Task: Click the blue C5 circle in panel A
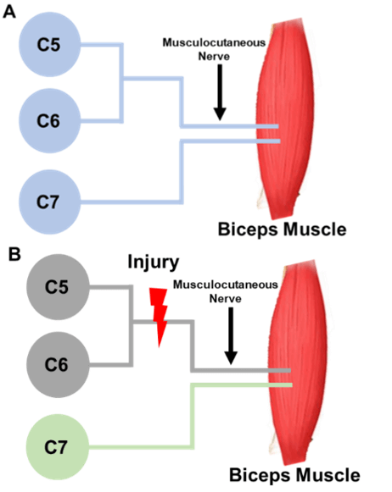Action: pyautogui.click(x=49, y=44)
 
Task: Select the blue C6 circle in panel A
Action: pyautogui.click(x=49, y=121)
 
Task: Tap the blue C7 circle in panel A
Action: pyautogui.click(x=49, y=202)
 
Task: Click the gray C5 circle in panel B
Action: pyautogui.click(x=58, y=287)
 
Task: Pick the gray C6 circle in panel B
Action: pyautogui.click(x=58, y=365)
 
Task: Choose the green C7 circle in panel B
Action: pyautogui.click(x=57, y=447)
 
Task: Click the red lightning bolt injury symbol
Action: pyautogui.click(x=159, y=317)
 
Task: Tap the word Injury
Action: pyautogui.click(x=154, y=262)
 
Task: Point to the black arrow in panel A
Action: pyautogui.click(x=220, y=92)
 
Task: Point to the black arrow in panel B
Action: pyautogui.click(x=231, y=335)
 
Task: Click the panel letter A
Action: pyautogui.click(x=9, y=13)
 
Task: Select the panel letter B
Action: pyautogui.click(x=14, y=255)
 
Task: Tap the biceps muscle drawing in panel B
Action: pyautogui.click(x=297, y=361)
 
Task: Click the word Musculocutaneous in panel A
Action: pyautogui.click(x=214, y=42)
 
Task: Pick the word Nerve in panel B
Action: pyautogui.click(x=226, y=298)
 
